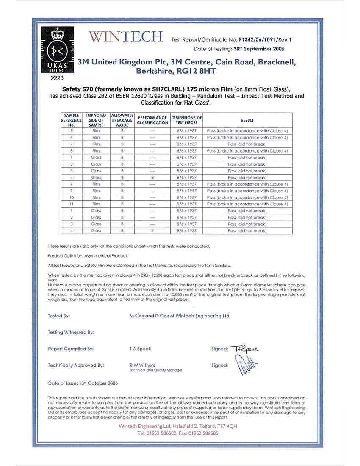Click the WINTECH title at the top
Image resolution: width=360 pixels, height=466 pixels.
pyautogui.click(x=125, y=37)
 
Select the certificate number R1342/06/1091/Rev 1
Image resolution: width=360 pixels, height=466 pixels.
pyautogui.click(x=265, y=40)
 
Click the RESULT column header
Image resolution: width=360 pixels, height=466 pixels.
pyautogui.click(x=247, y=120)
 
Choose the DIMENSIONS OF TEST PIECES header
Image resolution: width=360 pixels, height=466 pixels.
pyautogui.click(x=186, y=120)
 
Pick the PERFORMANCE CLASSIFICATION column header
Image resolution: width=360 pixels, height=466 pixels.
pyautogui.click(x=152, y=120)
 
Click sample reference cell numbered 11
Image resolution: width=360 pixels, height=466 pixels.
pyautogui.click(x=71, y=204)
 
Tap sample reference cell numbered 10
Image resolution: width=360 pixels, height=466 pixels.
pyautogui.click(x=71, y=197)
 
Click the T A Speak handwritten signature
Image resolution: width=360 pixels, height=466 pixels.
pyautogui.click(x=244, y=349)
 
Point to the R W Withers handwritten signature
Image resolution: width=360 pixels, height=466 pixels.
pyautogui.click(x=246, y=365)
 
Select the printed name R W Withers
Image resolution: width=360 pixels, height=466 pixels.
pyautogui.click(x=142, y=365)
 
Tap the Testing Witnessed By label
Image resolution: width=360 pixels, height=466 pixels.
pyautogui.click(x=71, y=333)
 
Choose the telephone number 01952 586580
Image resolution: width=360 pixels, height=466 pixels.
pyautogui.click(x=162, y=433)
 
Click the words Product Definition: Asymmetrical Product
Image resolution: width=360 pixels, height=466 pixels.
pyautogui.click(x=88, y=256)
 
